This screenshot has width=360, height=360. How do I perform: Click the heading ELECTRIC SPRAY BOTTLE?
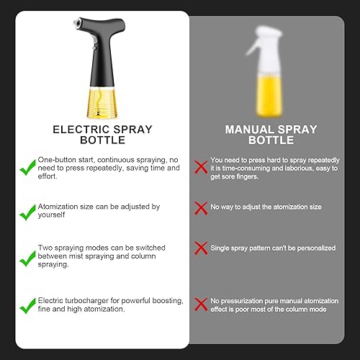(102, 135)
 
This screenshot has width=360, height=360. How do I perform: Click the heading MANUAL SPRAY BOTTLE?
(271, 135)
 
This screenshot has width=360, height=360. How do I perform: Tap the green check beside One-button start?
(27, 168)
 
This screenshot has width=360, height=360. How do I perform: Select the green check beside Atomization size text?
(27, 212)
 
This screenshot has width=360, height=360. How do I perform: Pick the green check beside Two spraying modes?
(27, 258)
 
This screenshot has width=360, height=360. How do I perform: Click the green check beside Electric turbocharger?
(27, 306)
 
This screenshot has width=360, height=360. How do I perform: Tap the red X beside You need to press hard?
(201, 167)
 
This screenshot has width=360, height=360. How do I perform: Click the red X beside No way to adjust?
(201, 208)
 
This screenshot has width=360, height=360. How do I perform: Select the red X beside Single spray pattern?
(201, 248)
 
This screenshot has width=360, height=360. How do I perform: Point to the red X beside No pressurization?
(201, 305)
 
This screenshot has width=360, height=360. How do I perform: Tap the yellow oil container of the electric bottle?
(102, 103)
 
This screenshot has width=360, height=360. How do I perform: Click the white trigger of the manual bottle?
(252, 48)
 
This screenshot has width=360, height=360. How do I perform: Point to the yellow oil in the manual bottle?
(269, 96)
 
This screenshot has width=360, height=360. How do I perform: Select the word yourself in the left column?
(51, 215)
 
